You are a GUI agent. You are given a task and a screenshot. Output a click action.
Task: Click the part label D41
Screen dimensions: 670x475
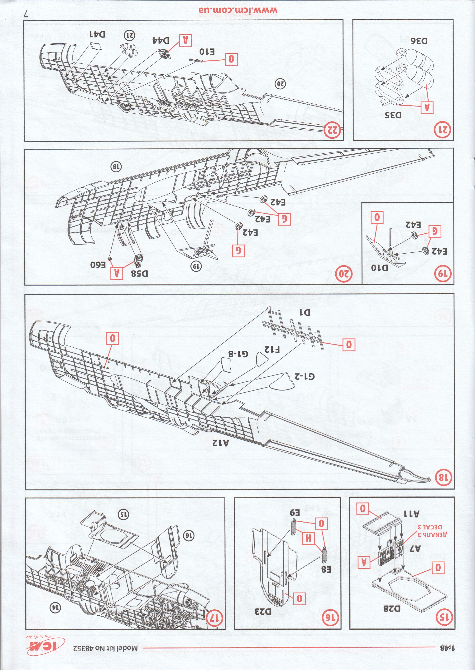[97, 35]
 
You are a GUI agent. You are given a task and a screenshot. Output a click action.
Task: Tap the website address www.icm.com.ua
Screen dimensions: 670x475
[238, 10]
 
